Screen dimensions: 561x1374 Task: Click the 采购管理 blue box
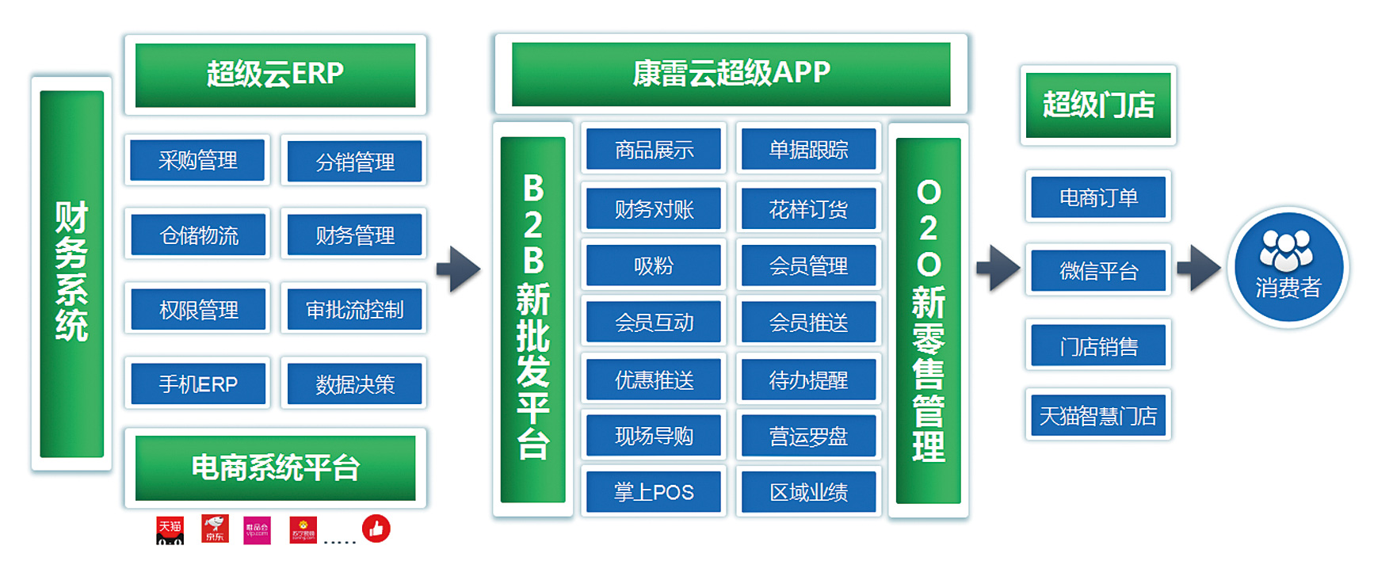197,160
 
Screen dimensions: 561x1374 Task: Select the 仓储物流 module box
198,235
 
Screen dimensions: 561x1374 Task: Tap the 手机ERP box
198,384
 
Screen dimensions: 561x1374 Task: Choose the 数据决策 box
354,384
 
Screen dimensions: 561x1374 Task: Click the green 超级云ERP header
275,74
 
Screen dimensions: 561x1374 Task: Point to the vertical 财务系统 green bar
71,273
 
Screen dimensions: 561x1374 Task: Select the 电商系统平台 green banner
275,467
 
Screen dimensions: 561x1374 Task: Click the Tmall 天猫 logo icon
170,530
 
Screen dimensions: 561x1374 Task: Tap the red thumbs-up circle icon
376,529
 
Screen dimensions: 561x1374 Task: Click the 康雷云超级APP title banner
731,74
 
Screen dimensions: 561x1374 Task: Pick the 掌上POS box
654,492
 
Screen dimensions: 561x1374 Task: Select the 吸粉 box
654,265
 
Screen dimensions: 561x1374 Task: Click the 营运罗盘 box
808,436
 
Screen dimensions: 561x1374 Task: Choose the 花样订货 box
808,209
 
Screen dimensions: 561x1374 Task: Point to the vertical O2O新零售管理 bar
928,321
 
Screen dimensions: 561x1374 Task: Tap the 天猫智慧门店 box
1097,415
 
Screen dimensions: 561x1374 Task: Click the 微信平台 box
1098,271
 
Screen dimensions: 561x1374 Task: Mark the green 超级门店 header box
1098,105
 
